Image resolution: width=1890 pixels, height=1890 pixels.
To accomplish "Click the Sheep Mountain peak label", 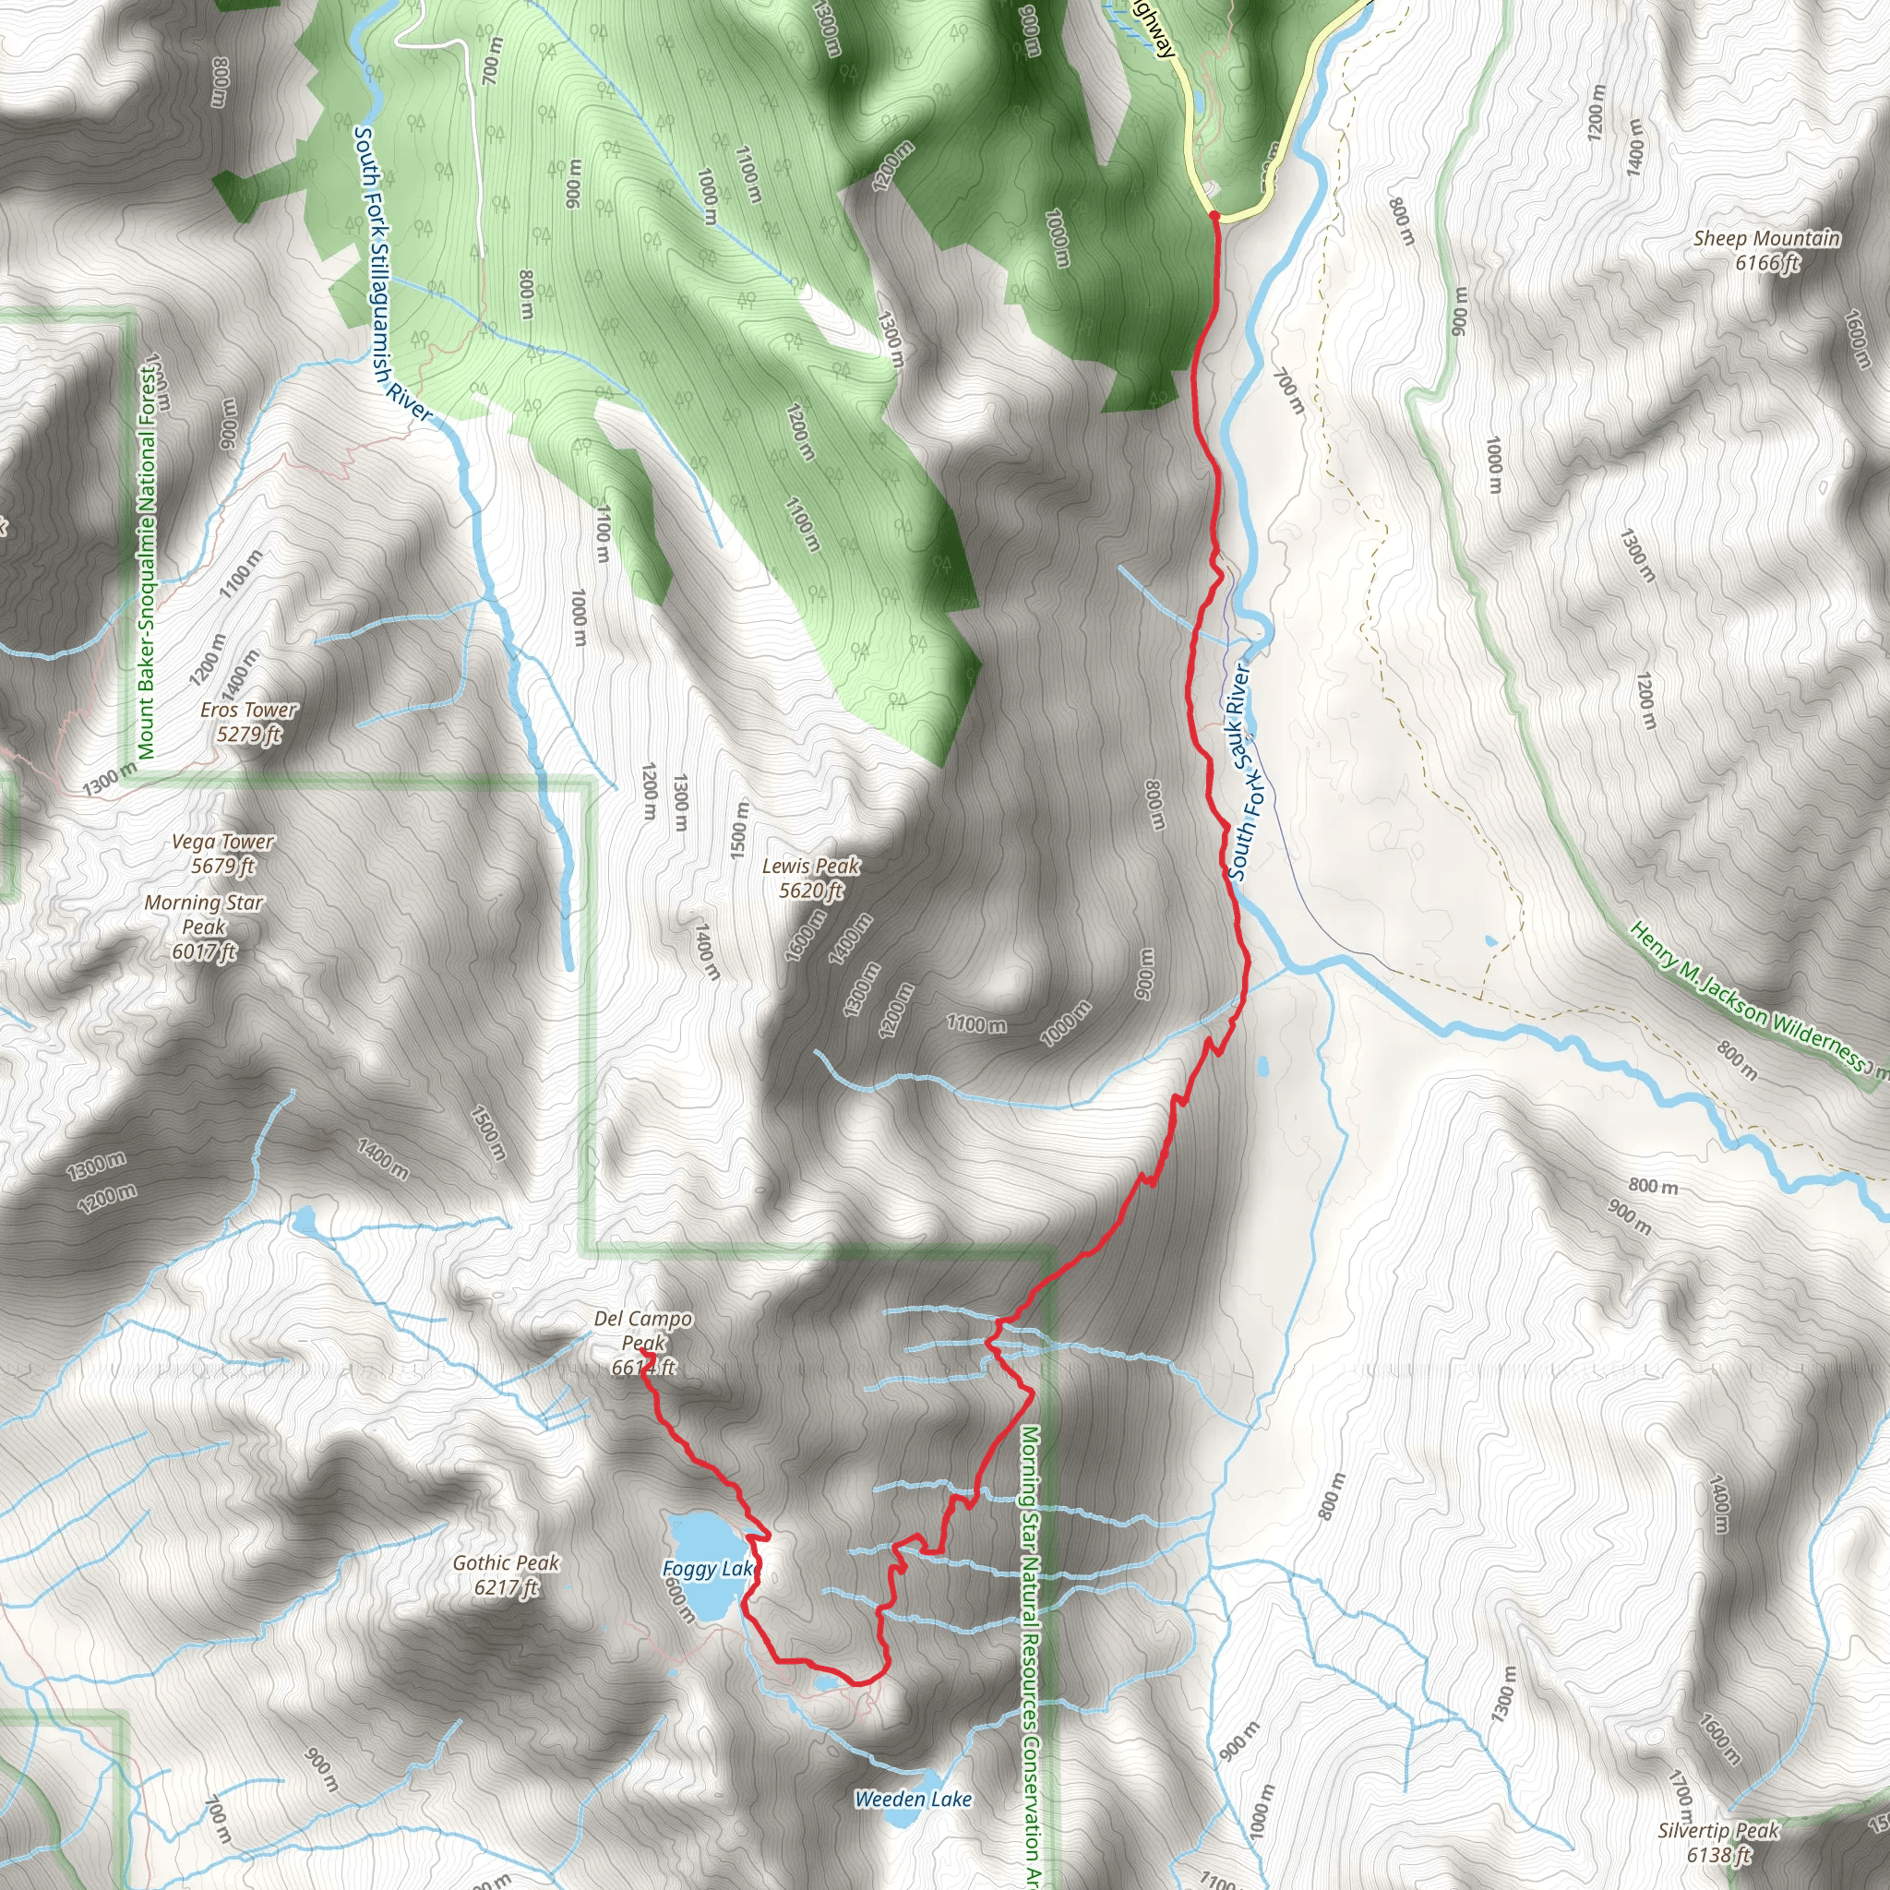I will click(x=1766, y=250).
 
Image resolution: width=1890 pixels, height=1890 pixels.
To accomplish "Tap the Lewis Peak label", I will click(x=811, y=878).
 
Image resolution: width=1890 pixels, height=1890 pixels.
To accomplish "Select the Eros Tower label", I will click(x=248, y=722).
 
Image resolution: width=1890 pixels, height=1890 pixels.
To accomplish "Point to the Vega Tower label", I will click(x=223, y=853).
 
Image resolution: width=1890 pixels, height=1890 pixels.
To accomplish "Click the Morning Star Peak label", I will click(x=203, y=927).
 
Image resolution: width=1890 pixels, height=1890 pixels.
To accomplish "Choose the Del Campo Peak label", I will click(x=642, y=1342).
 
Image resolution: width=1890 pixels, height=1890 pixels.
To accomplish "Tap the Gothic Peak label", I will click(x=506, y=1575).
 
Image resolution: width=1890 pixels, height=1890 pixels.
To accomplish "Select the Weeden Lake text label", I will click(x=913, y=1799).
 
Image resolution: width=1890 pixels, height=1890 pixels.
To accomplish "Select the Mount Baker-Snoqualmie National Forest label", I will click(x=147, y=563).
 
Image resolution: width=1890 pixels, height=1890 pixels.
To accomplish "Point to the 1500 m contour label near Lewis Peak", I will click(x=740, y=831).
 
